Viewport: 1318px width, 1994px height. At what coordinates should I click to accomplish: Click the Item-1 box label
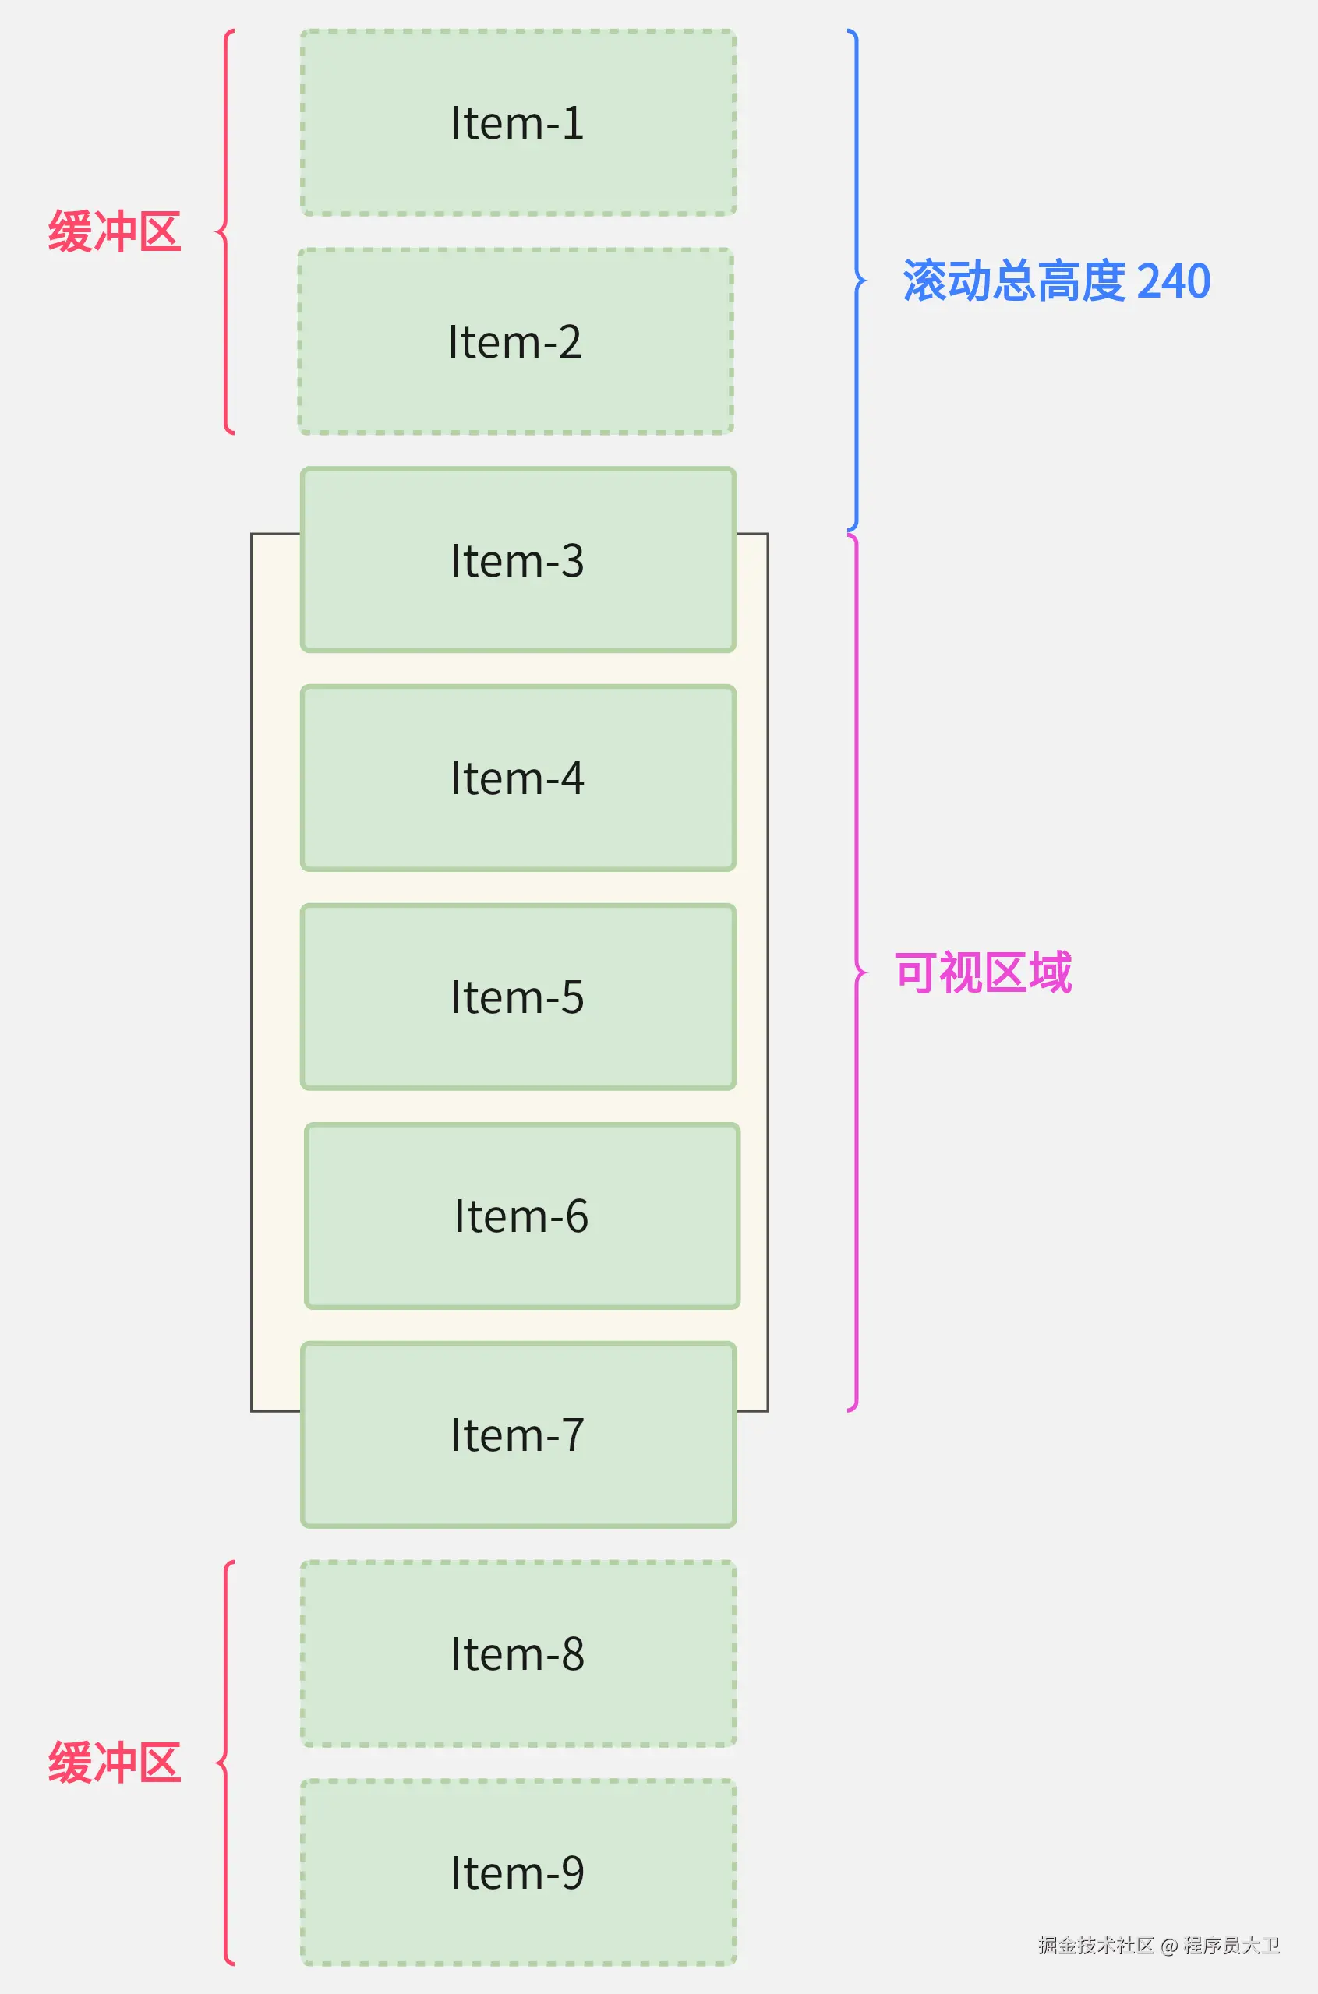pos(517,124)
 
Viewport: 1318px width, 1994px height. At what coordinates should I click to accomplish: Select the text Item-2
pos(514,342)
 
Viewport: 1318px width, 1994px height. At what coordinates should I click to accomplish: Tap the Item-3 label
pos(517,560)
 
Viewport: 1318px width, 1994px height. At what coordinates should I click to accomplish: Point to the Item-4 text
pos(517,778)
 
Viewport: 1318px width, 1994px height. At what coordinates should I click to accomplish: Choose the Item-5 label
pos(517,997)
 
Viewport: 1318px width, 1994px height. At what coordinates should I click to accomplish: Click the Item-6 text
pos(521,1216)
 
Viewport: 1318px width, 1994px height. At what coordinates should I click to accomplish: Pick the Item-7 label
pos(517,1435)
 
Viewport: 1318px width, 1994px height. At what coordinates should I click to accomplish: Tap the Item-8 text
pos(517,1653)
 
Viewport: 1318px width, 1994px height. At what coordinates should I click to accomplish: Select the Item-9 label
pos(517,1873)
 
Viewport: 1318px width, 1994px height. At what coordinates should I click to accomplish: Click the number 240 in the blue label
pos(1172,281)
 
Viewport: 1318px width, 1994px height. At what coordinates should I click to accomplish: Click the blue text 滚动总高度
pos(1014,281)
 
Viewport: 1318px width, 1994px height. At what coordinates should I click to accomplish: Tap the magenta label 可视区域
pos(983,973)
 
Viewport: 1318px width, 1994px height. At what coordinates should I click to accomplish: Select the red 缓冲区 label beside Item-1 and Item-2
pos(115,232)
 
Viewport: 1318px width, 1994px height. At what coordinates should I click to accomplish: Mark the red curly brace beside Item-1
pos(225,232)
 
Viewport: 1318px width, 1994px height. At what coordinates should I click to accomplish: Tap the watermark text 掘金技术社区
pos(1095,1945)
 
